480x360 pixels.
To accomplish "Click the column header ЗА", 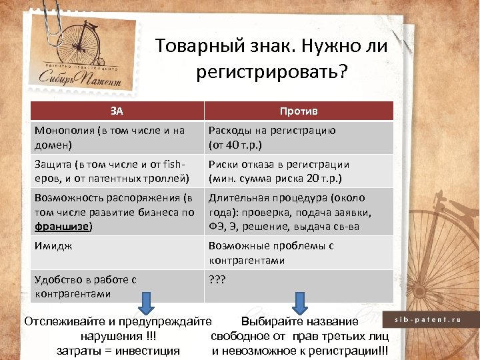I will [117, 110].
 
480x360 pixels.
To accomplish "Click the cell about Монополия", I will [117, 137].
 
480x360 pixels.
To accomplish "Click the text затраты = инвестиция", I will [118, 351].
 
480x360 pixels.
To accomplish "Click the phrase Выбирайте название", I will [299, 322].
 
